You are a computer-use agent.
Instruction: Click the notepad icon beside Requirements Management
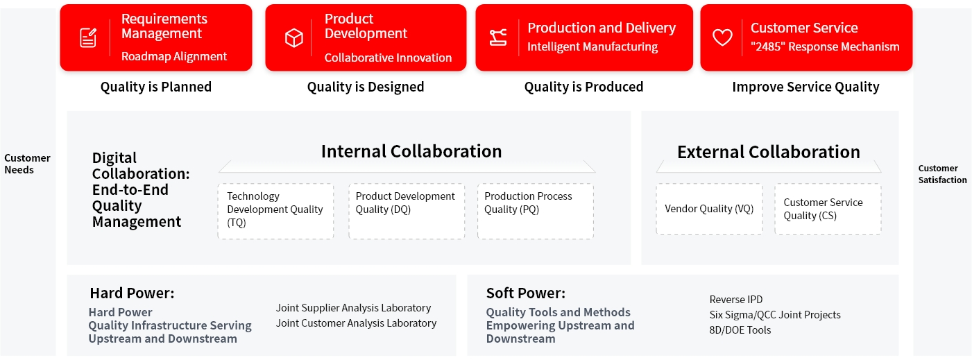click(88, 37)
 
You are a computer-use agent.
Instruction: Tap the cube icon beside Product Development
click(293, 37)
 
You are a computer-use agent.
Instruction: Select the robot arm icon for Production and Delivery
click(497, 37)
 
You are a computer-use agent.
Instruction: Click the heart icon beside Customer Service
click(722, 37)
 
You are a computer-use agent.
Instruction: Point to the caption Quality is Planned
click(156, 87)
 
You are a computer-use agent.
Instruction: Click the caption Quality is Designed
click(366, 87)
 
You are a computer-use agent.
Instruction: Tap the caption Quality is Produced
click(583, 87)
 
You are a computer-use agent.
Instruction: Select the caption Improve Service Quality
click(805, 87)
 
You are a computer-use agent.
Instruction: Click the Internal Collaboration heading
click(411, 151)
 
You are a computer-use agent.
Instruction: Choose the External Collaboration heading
click(769, 152)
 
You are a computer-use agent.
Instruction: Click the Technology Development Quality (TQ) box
click(275, 212)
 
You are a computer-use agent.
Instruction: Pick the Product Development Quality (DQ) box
click(407, 212)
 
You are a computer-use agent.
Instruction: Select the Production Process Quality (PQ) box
click(536, 212)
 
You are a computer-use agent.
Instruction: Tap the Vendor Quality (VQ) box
click(709, 209)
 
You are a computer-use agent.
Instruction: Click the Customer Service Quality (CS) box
click(828, 209)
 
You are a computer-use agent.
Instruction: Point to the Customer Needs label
click(27, 164)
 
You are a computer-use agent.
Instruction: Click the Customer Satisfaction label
click(942, 174)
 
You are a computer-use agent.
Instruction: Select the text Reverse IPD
click(736, 299)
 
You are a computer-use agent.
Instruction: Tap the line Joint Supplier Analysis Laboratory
click(353, 308)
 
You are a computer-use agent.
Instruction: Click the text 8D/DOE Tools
click(740, 330)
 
